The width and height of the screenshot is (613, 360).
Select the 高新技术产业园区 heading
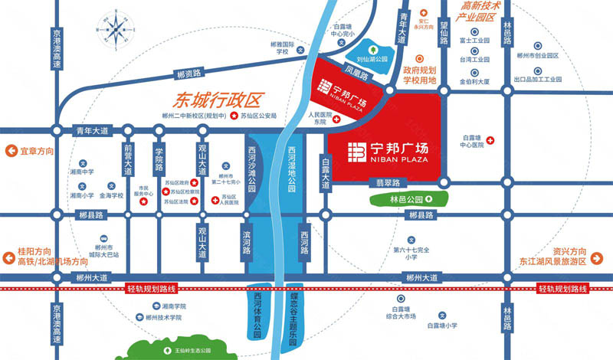coord(478,11)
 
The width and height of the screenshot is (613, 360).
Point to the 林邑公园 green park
coord(398,199)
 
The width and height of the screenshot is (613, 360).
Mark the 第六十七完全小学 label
coord(411,254)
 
